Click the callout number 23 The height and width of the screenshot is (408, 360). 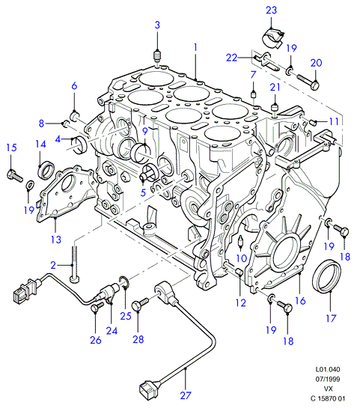(271, 10)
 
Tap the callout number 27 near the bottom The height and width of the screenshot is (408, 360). (186, 395)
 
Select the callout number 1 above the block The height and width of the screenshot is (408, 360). (195, 47)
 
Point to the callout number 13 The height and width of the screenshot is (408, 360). (56, 240)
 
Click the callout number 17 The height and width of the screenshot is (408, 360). (331, 318)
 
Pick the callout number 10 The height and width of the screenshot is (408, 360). (242, 258)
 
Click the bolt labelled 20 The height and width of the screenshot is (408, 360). (308, 81)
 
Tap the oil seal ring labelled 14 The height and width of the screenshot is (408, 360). (46, 170)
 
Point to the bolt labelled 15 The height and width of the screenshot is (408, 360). (14, 176)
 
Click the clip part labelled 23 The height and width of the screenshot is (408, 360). (273, 38)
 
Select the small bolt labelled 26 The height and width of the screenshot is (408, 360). (97, 307)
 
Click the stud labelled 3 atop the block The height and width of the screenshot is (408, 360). (157, 55)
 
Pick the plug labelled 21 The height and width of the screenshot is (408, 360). (275, 108)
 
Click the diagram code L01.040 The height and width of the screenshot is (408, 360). (328, 369)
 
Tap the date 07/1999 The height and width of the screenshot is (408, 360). (328, 379)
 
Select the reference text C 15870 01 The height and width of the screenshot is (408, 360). (328, 398)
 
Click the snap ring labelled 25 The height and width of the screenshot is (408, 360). (124, 281)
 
